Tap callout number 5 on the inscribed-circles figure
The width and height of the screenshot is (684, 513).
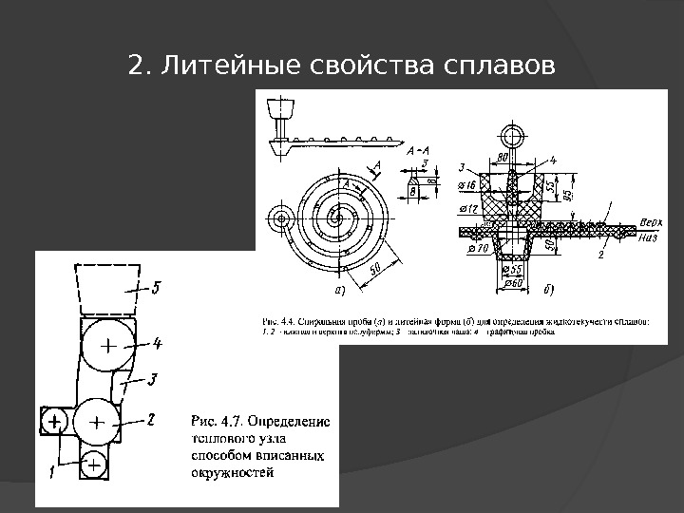click(158, 285)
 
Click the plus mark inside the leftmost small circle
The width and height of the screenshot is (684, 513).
click(55, 419)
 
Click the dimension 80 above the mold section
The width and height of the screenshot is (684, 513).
click(507, 157)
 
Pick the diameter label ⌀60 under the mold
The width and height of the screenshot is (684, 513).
click(513, 282)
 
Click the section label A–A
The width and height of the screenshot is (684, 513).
click(418, 149)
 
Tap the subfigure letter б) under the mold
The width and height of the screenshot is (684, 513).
click(549, 286)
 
